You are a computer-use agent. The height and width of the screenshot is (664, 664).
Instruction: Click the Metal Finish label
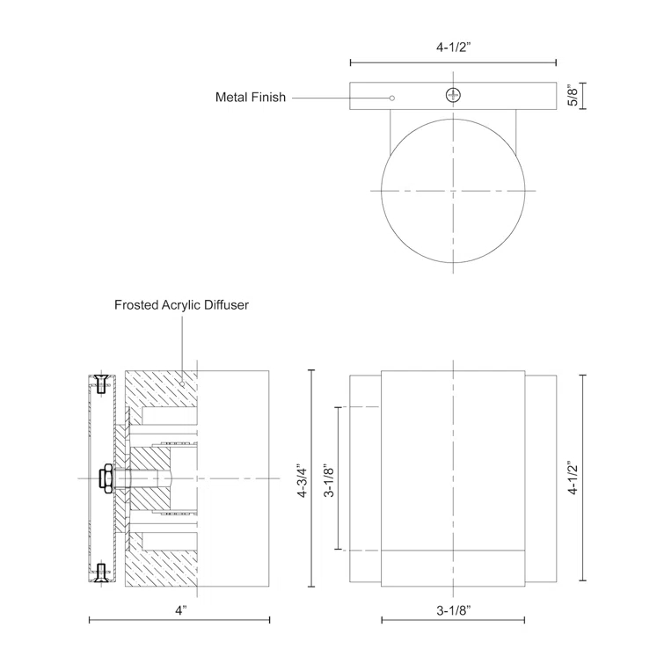tap(251, 98)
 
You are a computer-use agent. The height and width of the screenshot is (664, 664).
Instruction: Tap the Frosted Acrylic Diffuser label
tap(182, 305)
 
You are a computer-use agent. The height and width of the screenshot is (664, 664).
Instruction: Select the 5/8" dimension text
tap(573, 96)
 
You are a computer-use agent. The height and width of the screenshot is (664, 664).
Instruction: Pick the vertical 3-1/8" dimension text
tap(327, 480)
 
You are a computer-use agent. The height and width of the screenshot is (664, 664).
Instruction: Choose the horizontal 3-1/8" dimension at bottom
tap(453, 608)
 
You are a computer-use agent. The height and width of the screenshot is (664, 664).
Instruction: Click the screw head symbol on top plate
tap(453, 95)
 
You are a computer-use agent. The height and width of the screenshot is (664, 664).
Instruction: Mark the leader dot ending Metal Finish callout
tap(392, 98)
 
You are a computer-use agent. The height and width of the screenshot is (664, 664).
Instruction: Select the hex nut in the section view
tap(106, 478)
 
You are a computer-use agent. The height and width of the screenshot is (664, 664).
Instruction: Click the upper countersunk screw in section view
tap(101, 383)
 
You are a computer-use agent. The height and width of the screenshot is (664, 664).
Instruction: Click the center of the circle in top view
tap(453, 190)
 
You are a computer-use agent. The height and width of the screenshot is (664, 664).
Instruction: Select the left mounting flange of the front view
tap(365, 478)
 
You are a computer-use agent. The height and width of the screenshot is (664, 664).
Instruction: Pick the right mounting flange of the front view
tap(541, 478)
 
